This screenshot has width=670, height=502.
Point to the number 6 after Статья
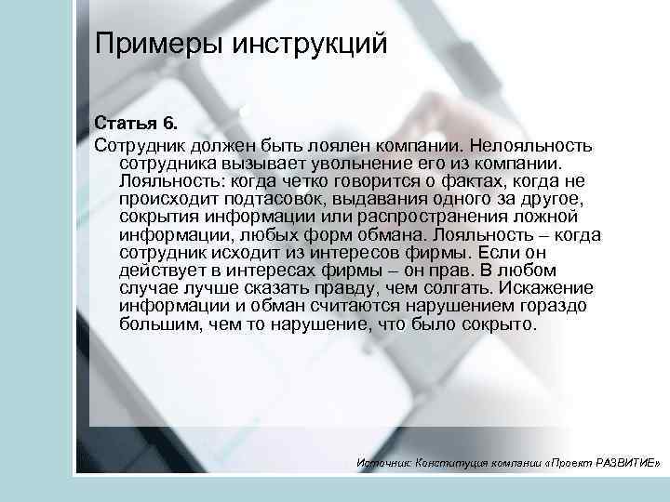168,124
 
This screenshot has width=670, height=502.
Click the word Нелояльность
535,146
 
